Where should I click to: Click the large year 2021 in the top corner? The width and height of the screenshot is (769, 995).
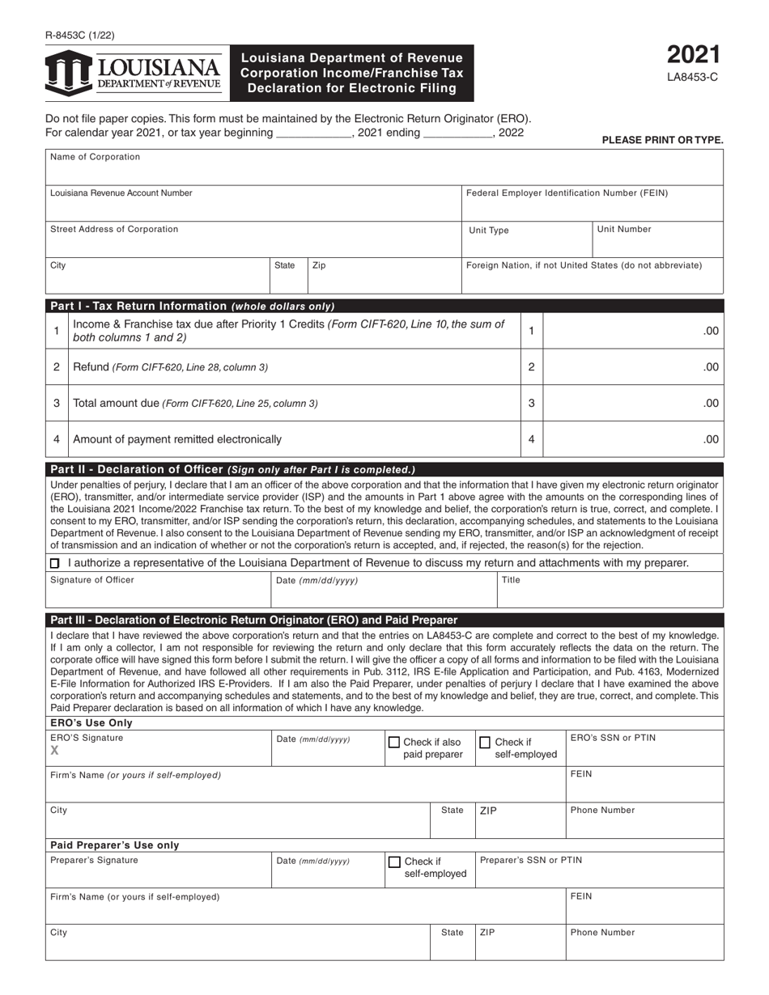click(693, 55)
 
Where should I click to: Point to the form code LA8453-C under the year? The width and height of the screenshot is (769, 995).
click(693, 78)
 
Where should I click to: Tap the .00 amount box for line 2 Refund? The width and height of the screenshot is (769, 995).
click(632, 367)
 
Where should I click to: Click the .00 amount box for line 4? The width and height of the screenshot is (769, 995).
click(632, 440)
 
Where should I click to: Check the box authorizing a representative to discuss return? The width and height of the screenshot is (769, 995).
click(55, 563)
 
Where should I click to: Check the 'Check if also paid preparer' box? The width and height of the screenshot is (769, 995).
click(394, 742)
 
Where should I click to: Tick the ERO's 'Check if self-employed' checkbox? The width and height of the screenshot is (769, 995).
click(485, 742)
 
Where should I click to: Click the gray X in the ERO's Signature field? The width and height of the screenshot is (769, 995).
click(55, 751)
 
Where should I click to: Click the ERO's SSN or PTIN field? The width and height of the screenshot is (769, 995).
click(644, 749)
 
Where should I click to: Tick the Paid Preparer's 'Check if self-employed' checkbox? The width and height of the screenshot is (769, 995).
click(394, 862)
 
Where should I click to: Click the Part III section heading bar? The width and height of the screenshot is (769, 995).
click(384, 620)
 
